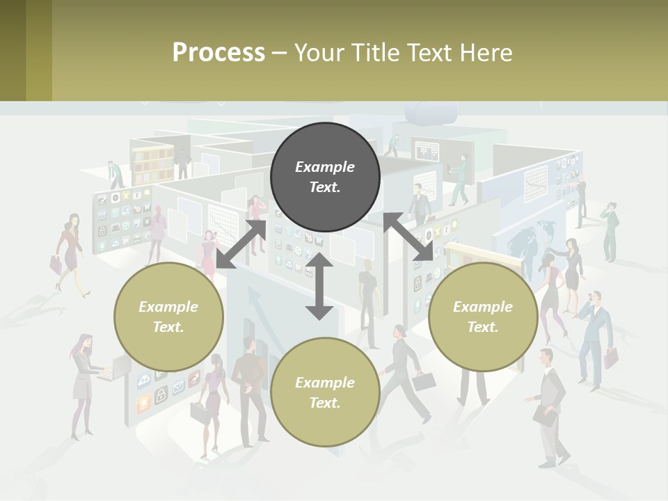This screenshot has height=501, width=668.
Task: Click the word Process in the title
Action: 218,53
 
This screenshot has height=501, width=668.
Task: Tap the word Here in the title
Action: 486,53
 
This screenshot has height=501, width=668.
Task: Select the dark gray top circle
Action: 325,177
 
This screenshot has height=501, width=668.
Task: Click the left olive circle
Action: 168,317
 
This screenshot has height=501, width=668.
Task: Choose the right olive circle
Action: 483,317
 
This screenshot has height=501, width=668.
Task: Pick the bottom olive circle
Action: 325,392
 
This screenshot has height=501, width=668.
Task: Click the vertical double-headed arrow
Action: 319,287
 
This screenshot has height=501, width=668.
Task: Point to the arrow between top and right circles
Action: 408,237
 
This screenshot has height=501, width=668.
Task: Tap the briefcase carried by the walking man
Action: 424,381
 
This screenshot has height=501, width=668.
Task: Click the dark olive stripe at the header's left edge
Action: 13,50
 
